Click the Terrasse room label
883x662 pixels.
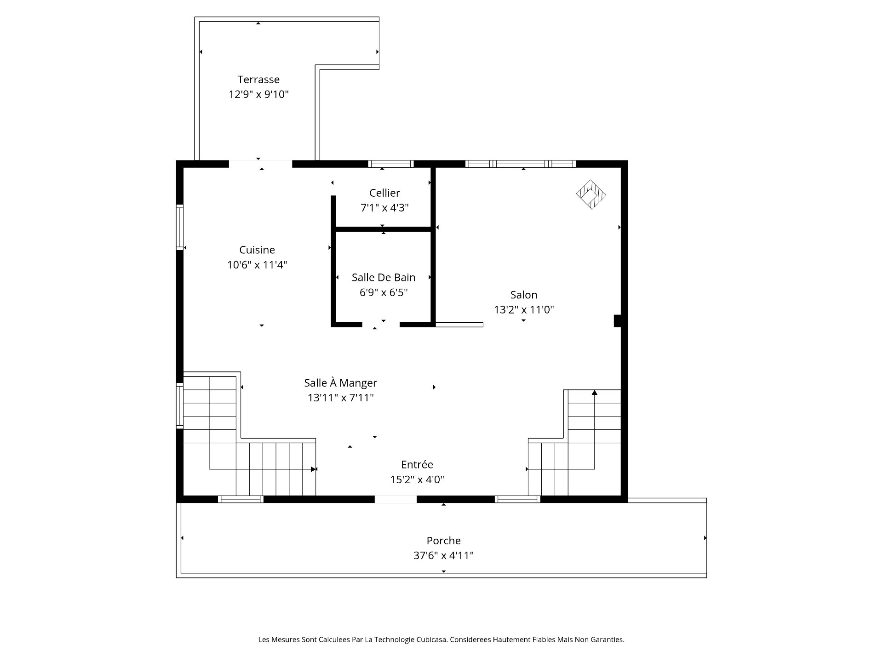[258, 80]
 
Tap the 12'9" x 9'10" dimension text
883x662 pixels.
[259, 94]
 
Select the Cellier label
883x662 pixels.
[384, 193]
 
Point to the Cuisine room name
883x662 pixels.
[257, 250]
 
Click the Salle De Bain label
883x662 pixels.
[384, 277]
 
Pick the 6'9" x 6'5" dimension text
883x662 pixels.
[384, 292]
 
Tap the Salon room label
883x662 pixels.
[524, 295]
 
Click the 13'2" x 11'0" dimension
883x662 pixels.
[524, 309]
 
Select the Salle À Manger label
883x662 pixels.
[340, 382]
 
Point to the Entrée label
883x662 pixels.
[417, 464]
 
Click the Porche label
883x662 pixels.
[443, 541]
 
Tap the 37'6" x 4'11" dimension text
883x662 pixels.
[443, 555]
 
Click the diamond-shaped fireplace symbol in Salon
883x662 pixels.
[591, 194]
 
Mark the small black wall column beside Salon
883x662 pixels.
[618, 321]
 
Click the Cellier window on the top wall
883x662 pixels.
[391, 164]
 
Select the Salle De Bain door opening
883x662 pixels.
[381, 325]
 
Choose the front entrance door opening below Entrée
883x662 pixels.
[396, 499]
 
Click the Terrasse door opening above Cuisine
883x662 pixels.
[260, 164]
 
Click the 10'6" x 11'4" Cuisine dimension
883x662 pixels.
[257, 265]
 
